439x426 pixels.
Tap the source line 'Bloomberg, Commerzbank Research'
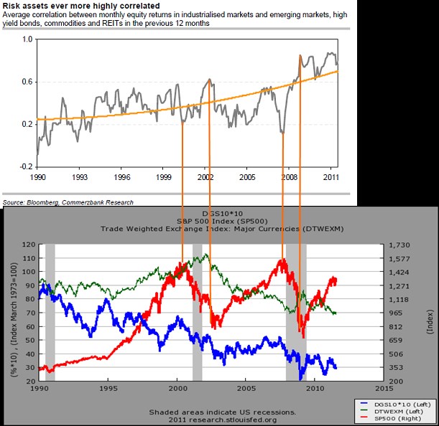[x=79, y=202]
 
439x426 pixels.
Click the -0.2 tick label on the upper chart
[x=27, y=166]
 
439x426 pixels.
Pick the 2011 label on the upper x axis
[x=332, y=176]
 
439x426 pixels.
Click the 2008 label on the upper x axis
[x=290, y=176]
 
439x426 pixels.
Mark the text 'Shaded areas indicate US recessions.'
[x=222, y=412]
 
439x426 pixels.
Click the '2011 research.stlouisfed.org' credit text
[x=222, y=420]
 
